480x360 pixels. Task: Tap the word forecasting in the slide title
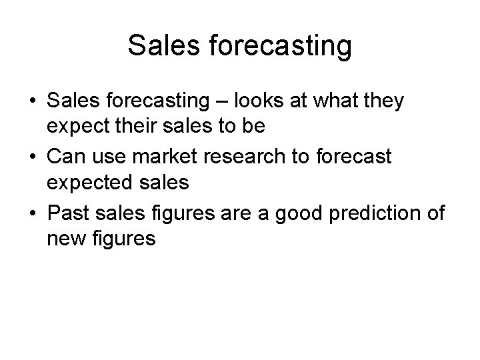(x=280, y=46)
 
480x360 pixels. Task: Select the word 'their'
(x=150, y=126)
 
